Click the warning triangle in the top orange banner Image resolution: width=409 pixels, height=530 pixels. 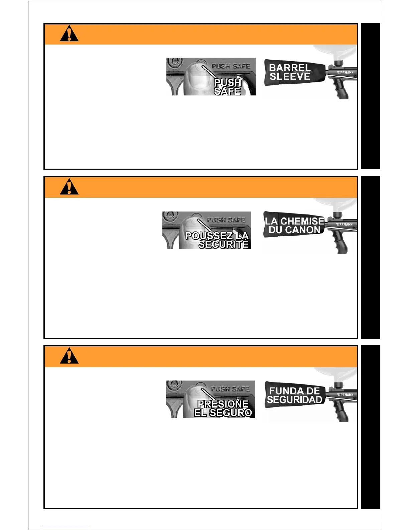click(69, 34)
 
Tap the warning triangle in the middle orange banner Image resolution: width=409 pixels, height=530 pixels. click(69, 187)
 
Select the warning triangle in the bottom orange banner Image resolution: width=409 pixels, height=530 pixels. click(69, 356)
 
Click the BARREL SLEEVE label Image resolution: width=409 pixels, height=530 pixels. click(290, 72)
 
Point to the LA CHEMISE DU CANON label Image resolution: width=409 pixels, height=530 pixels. click(294, 226)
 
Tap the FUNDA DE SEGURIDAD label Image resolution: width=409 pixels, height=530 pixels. click(294, 395)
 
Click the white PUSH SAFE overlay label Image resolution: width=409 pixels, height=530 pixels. click(228, 87)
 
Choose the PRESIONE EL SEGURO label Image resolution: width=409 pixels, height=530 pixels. click(223, 409)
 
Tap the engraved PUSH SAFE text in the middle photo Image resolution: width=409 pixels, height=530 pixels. click(226, 220)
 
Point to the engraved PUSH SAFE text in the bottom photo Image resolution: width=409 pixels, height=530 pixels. click(230, 389)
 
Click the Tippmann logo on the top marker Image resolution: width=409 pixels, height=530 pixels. click(345, 73)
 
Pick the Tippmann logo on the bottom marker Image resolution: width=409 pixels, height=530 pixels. click(345, 395)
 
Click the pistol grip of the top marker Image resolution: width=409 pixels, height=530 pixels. click(342, 90)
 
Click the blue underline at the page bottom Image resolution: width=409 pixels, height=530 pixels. click(66, 527)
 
